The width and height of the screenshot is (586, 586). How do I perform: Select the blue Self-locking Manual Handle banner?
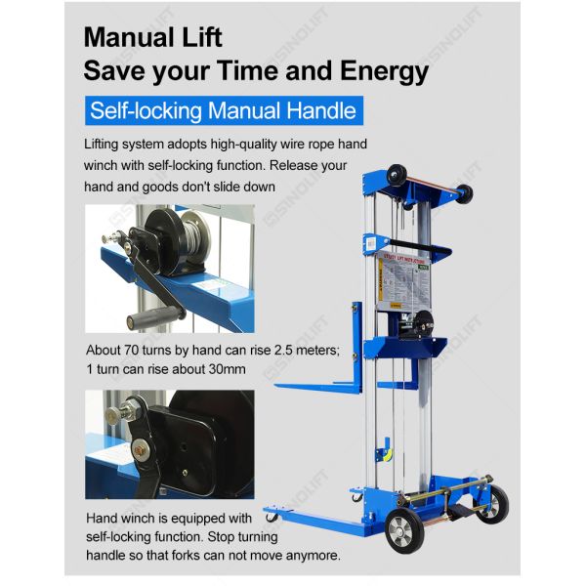pos(223,108)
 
